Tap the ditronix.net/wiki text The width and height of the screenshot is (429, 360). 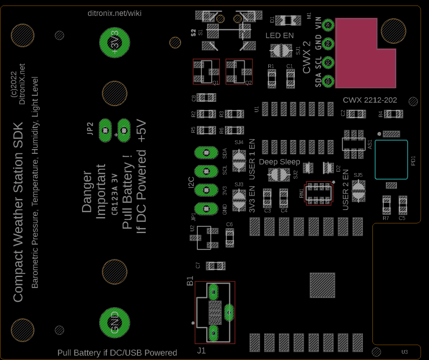click(114, 13)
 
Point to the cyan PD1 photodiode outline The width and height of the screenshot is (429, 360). click(391, 160)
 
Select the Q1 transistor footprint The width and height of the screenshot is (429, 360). click(206, 72)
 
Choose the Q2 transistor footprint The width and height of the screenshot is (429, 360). click(239, 72)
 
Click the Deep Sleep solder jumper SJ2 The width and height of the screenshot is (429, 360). click(279, 174)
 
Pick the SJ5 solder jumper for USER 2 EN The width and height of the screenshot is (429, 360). click(358, 190)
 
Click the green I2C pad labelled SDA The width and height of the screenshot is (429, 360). click(206, 153)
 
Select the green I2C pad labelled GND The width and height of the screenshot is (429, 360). click(206, 208)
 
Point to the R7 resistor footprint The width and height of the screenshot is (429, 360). click(386, 205)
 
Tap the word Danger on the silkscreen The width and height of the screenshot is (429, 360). click(87, 192)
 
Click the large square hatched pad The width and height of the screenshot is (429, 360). click(322, 285)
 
